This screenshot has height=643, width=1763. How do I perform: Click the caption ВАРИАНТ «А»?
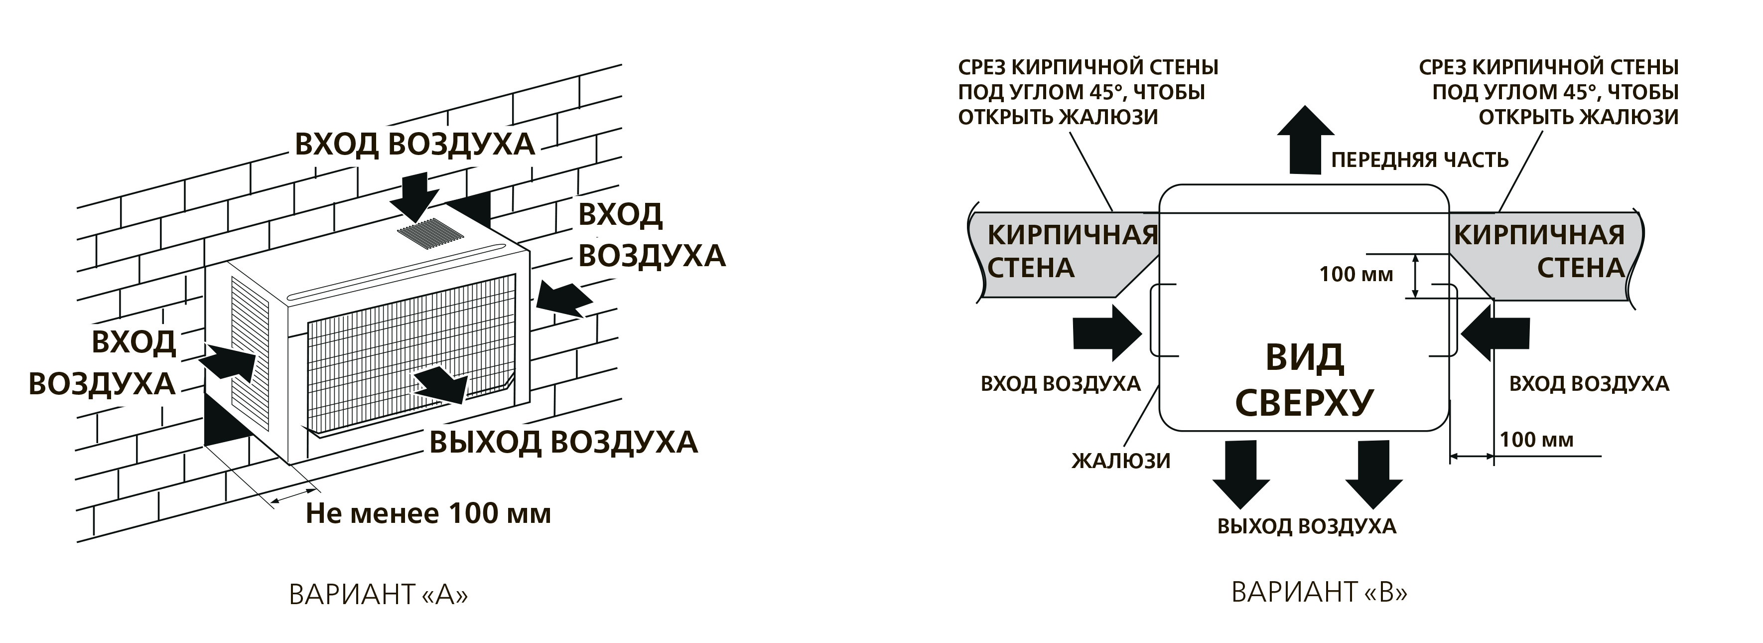point(379,594)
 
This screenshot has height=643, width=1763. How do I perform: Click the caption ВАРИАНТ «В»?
point(1319,592)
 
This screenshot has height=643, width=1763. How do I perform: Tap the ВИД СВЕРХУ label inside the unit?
point(1305,380)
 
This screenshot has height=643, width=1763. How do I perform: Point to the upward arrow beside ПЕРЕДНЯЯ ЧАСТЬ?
point(1305,141)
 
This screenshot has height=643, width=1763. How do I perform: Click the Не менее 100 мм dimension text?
point(428,513)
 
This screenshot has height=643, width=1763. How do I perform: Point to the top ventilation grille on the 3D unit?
point(432,233)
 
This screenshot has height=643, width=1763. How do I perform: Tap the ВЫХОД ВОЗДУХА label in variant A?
point(563,442)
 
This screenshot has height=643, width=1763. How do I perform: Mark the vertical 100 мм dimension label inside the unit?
point(1356,275)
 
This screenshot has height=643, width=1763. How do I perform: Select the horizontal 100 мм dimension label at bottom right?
point(1536,440)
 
